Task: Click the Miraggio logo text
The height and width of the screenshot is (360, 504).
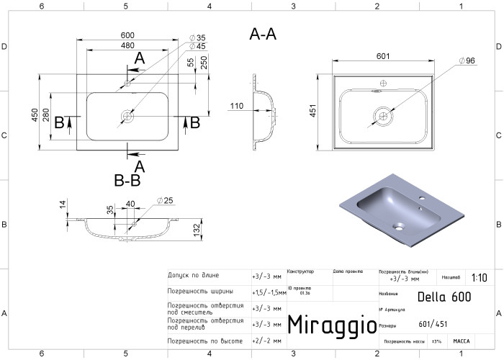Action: [x=327, y=325]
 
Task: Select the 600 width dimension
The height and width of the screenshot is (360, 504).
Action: [x=127, y=36]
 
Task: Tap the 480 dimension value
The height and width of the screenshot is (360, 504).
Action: [x=127, y=46]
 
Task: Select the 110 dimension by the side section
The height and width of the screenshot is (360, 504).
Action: [x=235, y=107]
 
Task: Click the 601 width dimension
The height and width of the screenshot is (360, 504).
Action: [x=383, y=57]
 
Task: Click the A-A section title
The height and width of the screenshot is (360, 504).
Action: [x=263, y=34]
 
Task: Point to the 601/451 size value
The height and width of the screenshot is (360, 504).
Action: [x=433, y=325]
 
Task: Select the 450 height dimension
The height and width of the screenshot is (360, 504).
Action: [x=35, y=115]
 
